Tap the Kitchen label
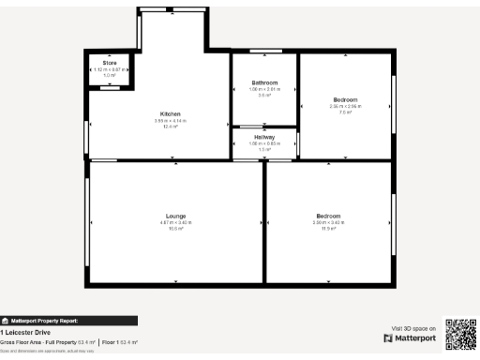tap(170, 113)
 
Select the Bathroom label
tap(265, 82)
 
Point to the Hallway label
tap(264, 137)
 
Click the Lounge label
tap(175, 216)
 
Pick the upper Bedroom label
tap(345, 99)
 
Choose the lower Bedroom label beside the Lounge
tap(328, 216)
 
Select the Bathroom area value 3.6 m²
tap(265, 95)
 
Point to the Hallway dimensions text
tap(264, 143)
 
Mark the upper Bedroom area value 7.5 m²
tap(345, 112)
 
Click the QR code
tap(460, 335)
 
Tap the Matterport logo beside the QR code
tap(411, 337)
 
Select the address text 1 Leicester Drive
tap(25, 333)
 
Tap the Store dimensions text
tap(110, 69)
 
